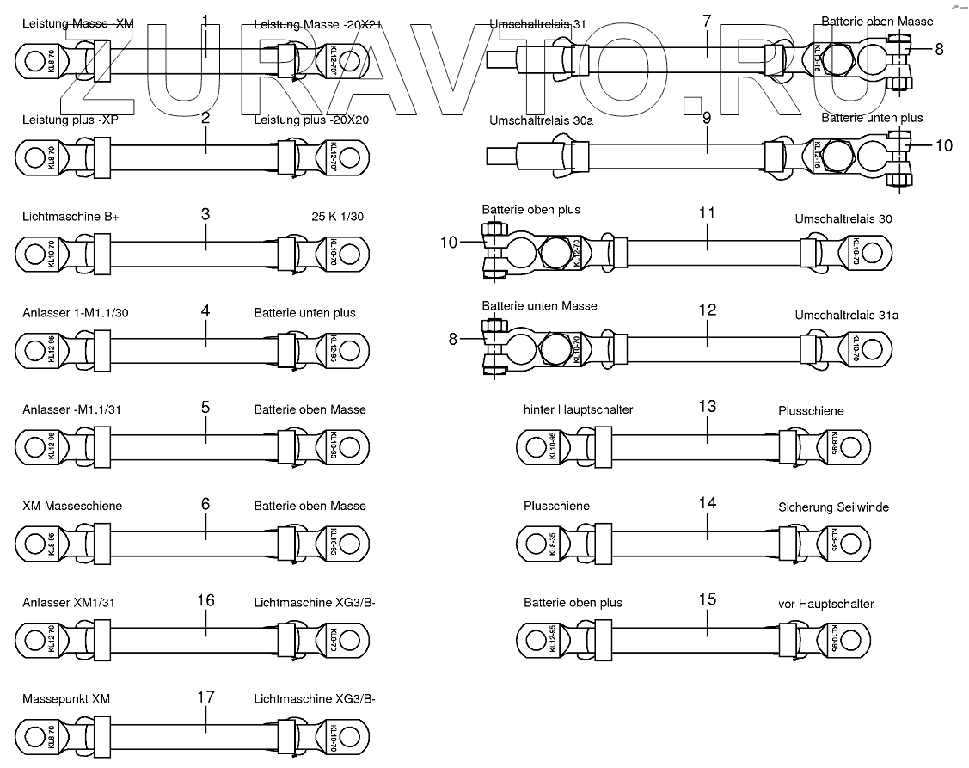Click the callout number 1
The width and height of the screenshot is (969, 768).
[x=205, y=20]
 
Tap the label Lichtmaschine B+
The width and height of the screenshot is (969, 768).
[x=71, y=217]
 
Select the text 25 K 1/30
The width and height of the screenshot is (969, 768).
[x=337, y=217]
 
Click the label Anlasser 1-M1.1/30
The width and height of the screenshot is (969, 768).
[x=76, y=313]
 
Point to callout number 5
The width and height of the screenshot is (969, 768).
[x=205, y=406]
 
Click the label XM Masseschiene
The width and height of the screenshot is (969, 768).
[x=72, y=506]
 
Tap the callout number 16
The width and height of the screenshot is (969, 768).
[x=205, y=600]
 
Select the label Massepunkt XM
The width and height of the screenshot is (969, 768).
[x=66, y=698]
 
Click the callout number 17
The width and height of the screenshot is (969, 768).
[x=205, y=697]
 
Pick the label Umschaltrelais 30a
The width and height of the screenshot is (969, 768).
[x=541, y=120]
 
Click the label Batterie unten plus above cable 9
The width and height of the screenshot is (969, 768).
[x=872, y=118]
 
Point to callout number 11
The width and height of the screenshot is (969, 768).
[x=707, y=212]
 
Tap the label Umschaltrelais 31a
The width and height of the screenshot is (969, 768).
[x=847, y=316]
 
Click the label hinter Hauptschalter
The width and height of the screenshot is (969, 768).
[x=578, y=409]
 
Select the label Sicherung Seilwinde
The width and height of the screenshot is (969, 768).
[x=833, y=507]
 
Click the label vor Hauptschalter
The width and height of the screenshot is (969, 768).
[x=825, y=604]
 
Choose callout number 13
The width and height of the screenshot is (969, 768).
[x=707, y=406]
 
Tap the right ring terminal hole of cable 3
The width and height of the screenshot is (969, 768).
[x=349, y=255]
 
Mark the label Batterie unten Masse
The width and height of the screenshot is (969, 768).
[x=539, y=306]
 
